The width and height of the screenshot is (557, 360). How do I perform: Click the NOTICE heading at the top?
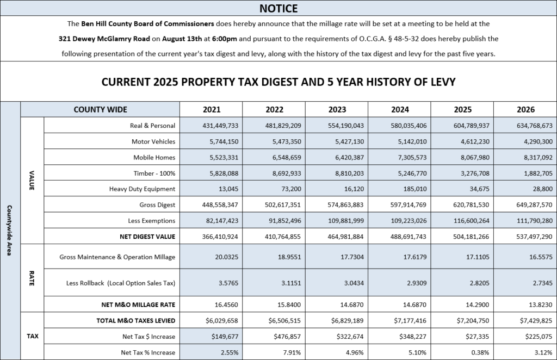tap(278, 8)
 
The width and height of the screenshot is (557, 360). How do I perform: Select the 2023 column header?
tap(337, 109)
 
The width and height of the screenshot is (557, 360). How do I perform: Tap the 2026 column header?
tap(525, 109)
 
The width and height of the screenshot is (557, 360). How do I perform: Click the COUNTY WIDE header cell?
tap(100, 109)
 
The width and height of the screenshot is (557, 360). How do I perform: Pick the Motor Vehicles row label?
tap(153, 141)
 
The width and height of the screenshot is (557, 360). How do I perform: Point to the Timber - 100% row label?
tap(154, 173)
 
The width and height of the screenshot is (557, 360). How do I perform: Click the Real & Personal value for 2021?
tap(220, 126)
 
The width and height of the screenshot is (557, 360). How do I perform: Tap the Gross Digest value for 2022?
tap(283, 205)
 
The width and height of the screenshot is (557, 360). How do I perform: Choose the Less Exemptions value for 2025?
tap(472, 221)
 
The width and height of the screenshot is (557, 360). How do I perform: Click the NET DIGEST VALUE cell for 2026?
tap(534, 237)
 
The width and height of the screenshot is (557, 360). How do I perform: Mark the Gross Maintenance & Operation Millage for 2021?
tap(227, 257)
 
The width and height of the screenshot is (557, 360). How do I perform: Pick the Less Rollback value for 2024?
tap(415, 283)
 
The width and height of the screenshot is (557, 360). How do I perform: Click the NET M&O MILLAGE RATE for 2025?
tap(478, 305)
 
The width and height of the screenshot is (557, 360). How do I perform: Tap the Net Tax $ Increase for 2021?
tap(225, 337)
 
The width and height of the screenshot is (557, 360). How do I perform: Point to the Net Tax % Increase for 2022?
tap(292, 352)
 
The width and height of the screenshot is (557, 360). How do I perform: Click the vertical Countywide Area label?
tap(10, 230)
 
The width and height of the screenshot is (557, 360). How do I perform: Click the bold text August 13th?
tap(182, 39)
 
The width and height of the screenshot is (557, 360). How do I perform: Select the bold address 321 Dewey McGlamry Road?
tap(104, 39)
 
